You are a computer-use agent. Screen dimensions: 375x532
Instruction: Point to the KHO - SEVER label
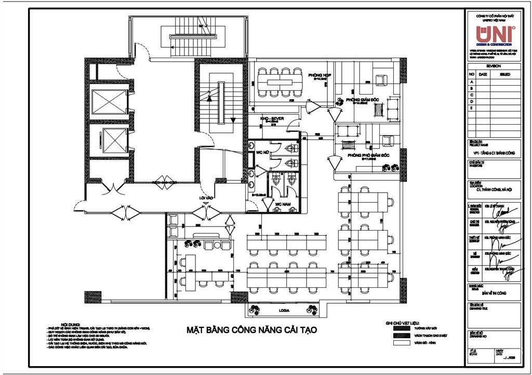click(x=272, y=119)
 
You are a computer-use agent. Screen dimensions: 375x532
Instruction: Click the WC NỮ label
click(x=262, y=152)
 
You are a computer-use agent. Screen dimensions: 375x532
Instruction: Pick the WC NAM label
click(x=282, y=204)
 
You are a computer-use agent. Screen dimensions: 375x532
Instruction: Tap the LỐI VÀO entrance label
click(x=209, y=198)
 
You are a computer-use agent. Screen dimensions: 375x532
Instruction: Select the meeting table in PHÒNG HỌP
click(x=280, y=82)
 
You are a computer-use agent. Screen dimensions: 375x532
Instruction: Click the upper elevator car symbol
click(x=109, y=101)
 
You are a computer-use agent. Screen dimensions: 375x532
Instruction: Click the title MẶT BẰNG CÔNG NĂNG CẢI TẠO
click(x=251, y=330)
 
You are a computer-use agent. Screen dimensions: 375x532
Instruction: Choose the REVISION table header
click(x=494, y=66)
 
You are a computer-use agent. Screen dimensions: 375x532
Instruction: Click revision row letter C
click(x=472, y=95)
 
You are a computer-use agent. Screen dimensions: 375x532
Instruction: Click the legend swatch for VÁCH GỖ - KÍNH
click(x=400, y=343)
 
